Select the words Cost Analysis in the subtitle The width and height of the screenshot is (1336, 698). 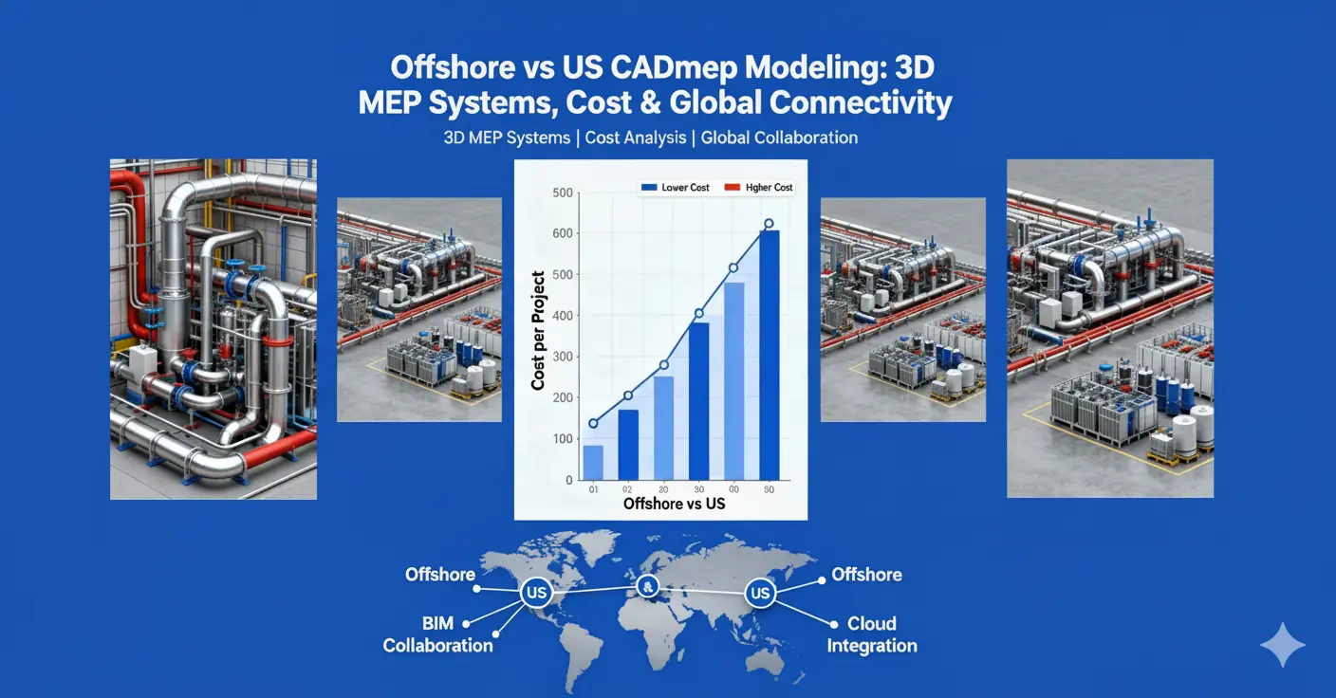click(635, 138)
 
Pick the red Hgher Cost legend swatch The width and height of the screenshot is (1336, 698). click(731, 188)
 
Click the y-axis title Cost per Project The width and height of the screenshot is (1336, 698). click(538, 331)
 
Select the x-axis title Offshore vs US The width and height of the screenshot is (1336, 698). click(674, 503)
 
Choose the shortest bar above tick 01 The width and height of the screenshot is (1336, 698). click(593, 462)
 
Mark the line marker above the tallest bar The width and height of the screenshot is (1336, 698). click(770, 225)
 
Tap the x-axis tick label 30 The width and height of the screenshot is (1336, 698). click(697, 489)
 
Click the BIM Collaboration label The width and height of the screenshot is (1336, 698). click(438, 634)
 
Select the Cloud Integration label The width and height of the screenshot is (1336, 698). click(872, 634)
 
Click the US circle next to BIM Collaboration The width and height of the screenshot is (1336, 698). click(536, 594)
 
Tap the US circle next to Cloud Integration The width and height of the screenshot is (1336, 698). click(760, 594)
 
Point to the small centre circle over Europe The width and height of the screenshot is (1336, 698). click(648, 584)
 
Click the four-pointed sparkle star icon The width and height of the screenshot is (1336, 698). click(1282, 646)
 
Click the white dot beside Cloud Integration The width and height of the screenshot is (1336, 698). click(834, 624)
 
